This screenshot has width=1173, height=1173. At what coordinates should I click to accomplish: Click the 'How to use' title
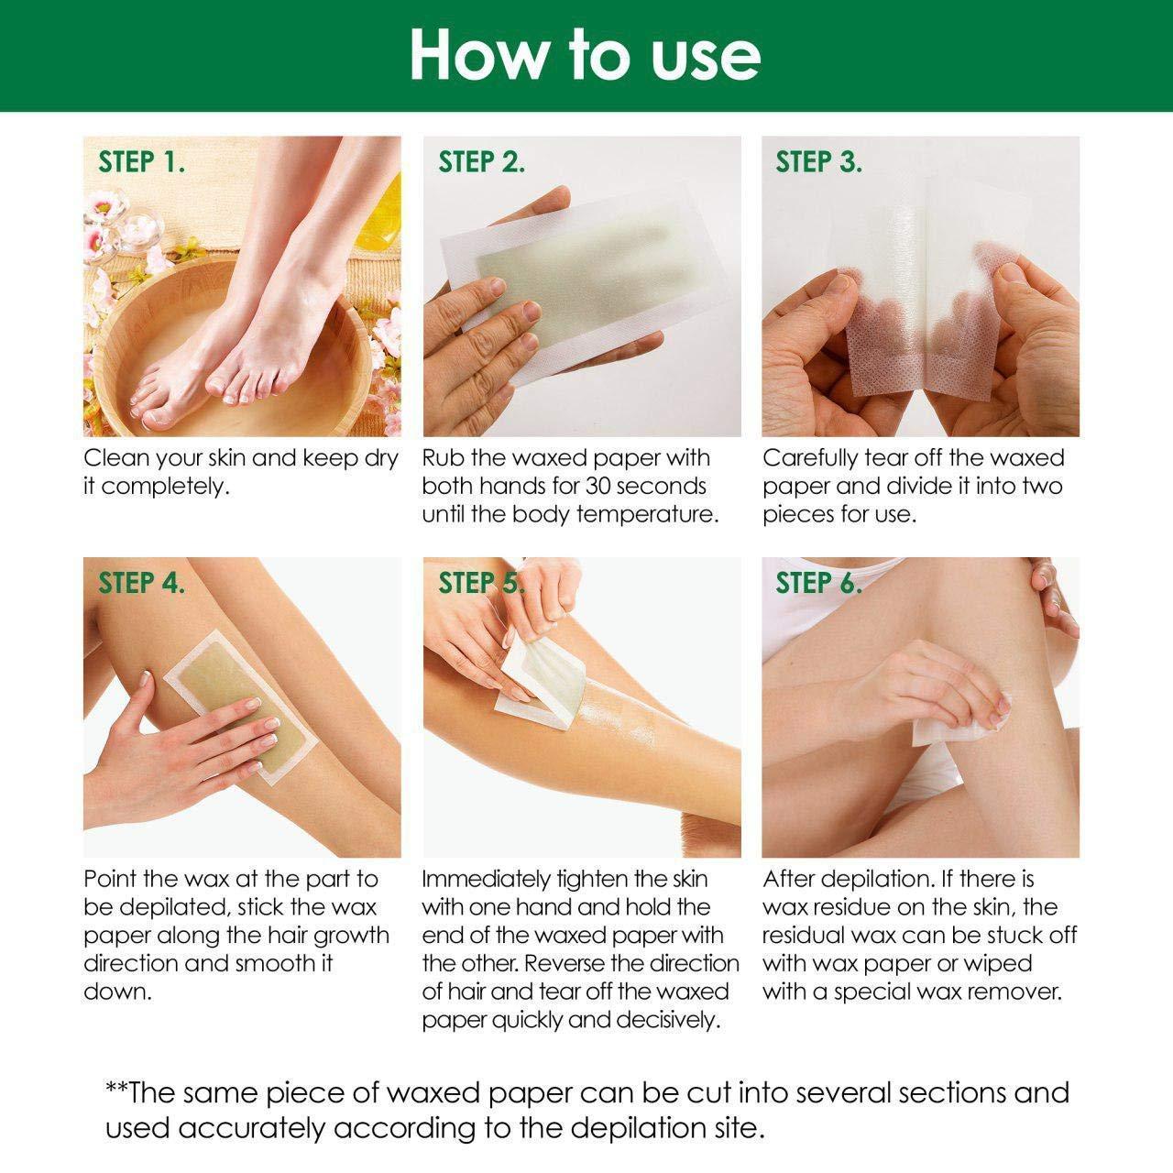585,55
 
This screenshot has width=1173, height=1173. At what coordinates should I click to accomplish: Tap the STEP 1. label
142,162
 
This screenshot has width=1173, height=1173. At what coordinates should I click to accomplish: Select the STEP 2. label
482,162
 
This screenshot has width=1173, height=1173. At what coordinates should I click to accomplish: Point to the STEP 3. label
819,162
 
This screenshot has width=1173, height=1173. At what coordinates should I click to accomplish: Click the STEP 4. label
142,582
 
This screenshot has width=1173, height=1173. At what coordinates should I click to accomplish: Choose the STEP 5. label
482,582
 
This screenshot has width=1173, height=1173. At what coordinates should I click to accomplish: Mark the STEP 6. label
819,582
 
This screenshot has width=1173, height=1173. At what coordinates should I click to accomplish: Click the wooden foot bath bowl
183,367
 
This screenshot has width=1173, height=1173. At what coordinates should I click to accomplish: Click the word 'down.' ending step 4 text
116,992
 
